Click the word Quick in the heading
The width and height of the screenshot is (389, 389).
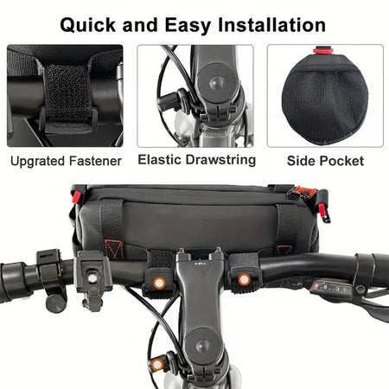[88, 25]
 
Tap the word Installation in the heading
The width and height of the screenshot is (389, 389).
[272, 24]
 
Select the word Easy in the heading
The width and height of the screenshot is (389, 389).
[188, 26]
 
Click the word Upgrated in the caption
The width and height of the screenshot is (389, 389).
[37, 162]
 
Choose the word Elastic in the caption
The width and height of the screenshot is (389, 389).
[160, 160]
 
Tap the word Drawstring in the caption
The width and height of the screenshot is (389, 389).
[221, 161]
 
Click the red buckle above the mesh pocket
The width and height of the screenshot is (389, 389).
[323, 50]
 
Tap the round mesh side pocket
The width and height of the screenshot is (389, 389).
[325, 102]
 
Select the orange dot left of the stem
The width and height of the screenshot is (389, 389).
[159, 284]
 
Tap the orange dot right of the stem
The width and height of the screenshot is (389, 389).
[244, 279]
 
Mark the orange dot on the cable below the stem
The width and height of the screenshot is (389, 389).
[157, 365]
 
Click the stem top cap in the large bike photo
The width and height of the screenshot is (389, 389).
[202, 345]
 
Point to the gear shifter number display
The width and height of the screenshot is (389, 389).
[328, 288]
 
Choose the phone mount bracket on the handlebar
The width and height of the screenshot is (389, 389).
[92, 279]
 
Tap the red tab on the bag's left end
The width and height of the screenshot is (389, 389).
[77, 197]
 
